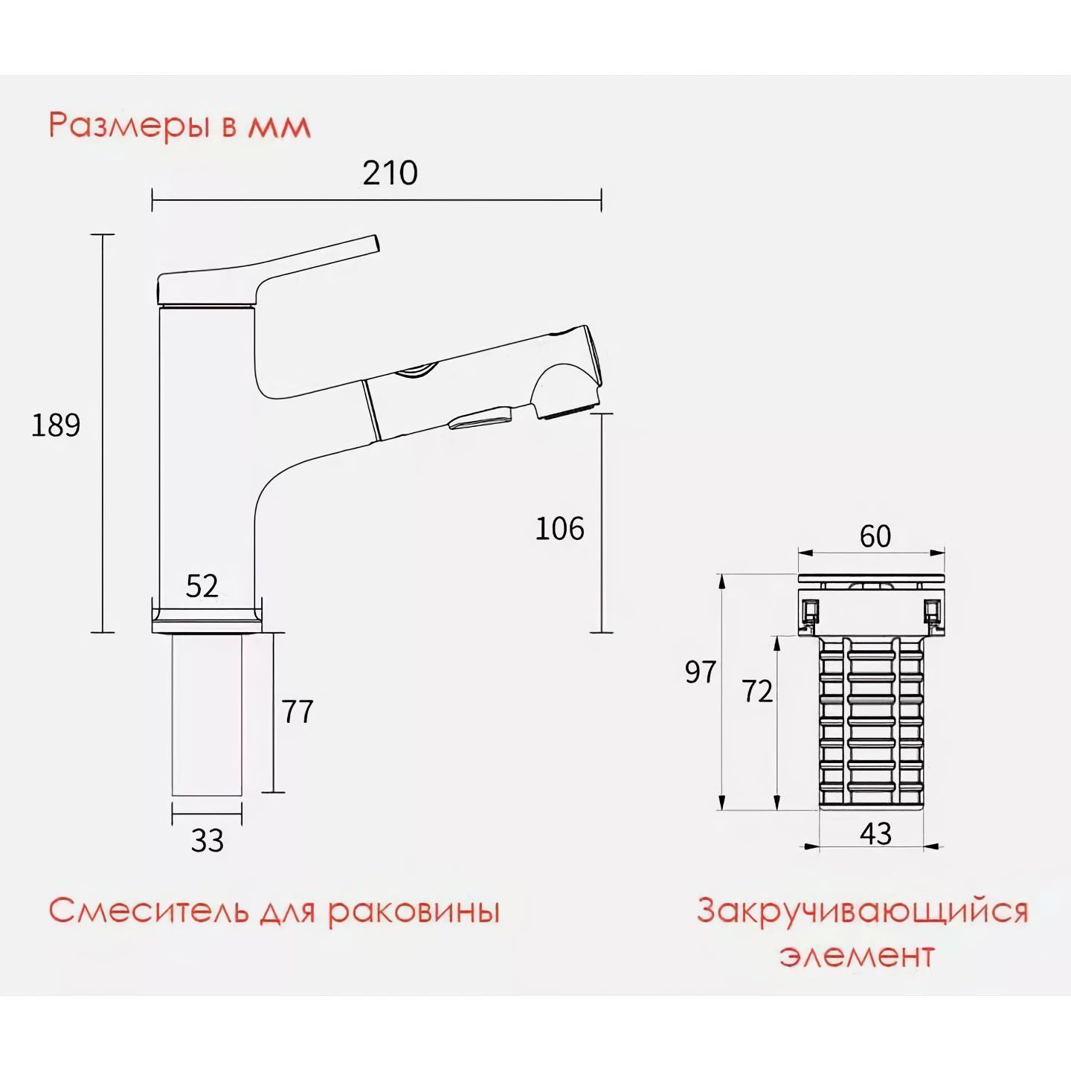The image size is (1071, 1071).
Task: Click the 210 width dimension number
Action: tap(390, 173)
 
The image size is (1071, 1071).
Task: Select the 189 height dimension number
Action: tap(56, 425)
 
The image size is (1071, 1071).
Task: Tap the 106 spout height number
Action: tap(560, 528)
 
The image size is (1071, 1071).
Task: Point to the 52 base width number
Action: tap(202, 586)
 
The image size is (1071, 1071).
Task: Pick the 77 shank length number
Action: tap(298, 712)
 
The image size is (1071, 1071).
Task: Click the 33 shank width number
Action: tap(208, 840)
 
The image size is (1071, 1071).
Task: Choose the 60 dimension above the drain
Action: tap(875, 536)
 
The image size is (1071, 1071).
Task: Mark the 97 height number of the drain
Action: tap(701, 672)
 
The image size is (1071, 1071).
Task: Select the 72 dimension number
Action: tap(757, 692)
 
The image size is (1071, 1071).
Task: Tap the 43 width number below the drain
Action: tap(875, 834)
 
